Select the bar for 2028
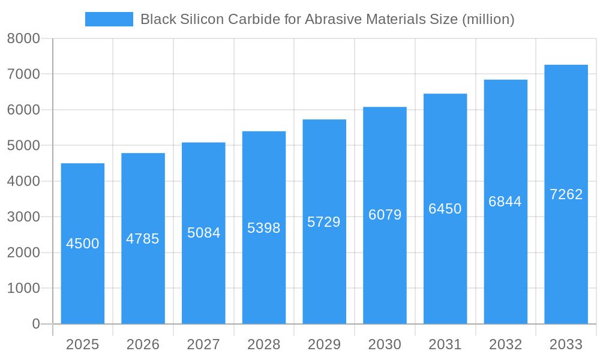pos(264,270)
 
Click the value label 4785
pos(143,239)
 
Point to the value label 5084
pos(204,233)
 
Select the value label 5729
pos(324,222)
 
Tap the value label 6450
pos(445,209)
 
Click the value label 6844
pos(505,202)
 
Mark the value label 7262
pos(566,194)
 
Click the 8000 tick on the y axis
pos(23,38)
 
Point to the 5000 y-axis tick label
pos(23,146)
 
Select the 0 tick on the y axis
pos(35,324)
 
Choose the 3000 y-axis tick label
pos(23,217)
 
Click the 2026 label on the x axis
pos(143,344)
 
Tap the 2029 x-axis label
pos(324,344)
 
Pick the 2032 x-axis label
pos(505,344)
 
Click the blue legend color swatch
pos(109,19)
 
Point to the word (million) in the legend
pos(488,19)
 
